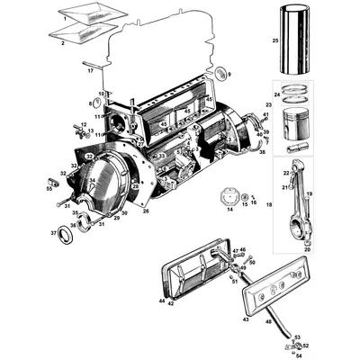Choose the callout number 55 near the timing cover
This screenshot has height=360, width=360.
49,190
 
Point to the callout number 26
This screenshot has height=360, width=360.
145,212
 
